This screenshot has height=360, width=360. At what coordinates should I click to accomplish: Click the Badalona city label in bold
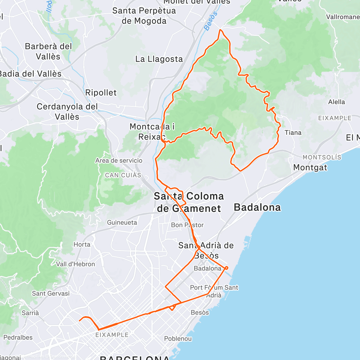[257, 207]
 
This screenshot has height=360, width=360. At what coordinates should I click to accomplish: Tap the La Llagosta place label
[159, 59]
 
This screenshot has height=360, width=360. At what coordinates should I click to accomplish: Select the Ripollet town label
[101, 93]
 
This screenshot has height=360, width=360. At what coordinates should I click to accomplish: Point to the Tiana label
[293, 133]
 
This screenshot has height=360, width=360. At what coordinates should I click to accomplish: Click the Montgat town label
[310, 167]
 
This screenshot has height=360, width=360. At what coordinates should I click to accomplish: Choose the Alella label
[336, 102]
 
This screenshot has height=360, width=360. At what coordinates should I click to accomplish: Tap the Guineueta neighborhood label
[122, 223]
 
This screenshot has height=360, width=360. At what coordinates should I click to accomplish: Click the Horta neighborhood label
[82, 244]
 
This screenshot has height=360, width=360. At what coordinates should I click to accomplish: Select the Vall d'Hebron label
[76, 264]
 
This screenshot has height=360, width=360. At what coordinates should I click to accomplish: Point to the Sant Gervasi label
[51, 293]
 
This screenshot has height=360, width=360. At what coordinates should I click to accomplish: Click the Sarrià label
[30, 313]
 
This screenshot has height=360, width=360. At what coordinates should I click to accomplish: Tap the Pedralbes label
[18, 337]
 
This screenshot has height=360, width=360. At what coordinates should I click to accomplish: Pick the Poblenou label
[178, 339]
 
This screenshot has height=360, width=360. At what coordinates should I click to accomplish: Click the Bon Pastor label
[187, 225]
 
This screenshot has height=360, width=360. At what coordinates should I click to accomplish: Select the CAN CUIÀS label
[123, 175]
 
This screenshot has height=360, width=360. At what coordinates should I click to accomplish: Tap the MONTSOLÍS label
[322, 157]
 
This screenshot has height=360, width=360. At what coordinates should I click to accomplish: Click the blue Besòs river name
[211, 21]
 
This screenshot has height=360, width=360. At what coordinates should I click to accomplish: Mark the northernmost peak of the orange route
[220, 30]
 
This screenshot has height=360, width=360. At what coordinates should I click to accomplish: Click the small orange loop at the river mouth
[226, 268]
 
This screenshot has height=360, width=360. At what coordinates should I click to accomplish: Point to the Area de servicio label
[119, 161]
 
